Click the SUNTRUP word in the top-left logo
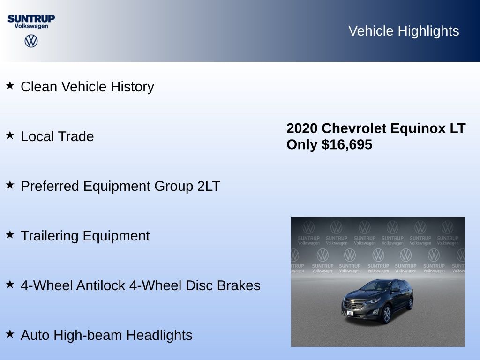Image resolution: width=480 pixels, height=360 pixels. click(31, 18)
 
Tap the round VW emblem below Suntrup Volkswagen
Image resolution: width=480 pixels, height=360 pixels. click(31, 41)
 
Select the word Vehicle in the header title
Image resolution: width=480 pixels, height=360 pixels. click(371, 31)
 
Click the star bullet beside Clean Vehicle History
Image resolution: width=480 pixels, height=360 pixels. click(10, 85)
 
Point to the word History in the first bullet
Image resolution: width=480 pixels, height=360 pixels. click(132, 87)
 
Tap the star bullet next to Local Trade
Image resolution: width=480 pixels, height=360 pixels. click(10, 135)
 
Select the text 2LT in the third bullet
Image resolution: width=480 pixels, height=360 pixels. click(209, 186)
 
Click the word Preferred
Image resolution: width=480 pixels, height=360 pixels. click(50, 186)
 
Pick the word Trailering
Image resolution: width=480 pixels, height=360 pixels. click(50, 236)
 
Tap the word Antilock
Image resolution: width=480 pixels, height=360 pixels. click(101, 285)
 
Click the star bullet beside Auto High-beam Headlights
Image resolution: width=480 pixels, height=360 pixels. click(10, 334)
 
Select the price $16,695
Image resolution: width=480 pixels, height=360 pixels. click(347, 144)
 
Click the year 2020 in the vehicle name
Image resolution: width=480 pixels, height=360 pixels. click(302, 128)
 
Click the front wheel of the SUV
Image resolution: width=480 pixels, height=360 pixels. click(387, 314)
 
